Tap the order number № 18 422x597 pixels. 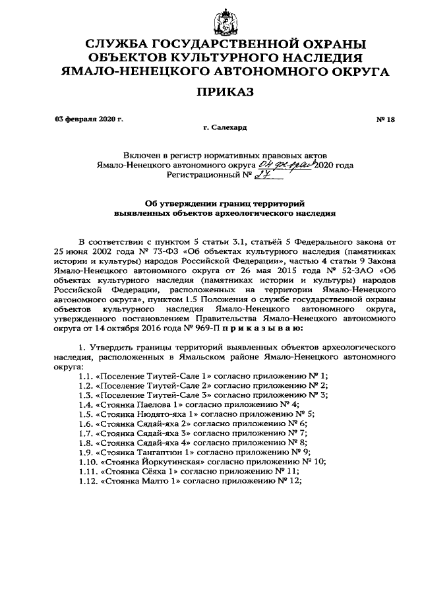tap(385, 119)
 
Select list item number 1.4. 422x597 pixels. tap(85, 404)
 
